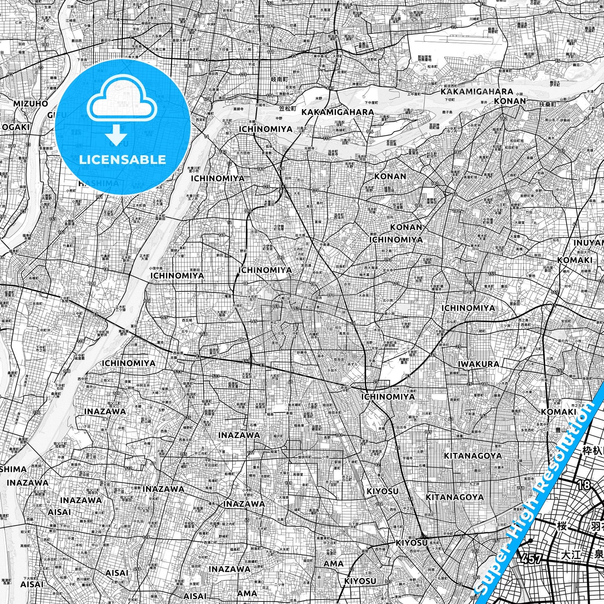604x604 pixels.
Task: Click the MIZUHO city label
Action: coord(31,103)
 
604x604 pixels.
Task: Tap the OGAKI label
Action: coord(15,127)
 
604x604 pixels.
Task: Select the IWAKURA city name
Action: coord(478,364)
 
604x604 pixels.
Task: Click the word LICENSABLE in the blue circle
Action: coord(122,159)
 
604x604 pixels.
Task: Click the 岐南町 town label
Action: coord(280,79)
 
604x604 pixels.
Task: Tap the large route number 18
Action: coord(584,485)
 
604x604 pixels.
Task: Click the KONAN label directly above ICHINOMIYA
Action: coord(406,227)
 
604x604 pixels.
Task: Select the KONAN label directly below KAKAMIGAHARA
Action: coord(510,101)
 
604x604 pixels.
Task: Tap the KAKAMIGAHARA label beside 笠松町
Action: coord(337,112)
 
